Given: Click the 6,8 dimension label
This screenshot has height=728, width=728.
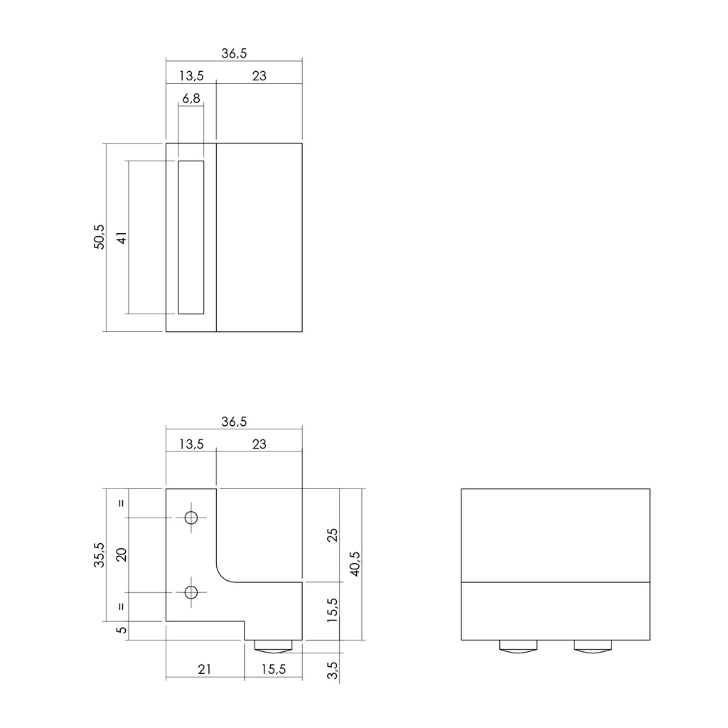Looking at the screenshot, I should [191, 100].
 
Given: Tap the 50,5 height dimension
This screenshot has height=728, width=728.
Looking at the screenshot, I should [99, 237].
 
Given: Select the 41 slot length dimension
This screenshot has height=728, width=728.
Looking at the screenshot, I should [122, 237].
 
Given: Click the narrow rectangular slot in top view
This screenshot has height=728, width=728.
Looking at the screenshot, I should [191, 237].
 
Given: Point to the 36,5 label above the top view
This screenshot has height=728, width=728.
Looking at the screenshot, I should [233, 54].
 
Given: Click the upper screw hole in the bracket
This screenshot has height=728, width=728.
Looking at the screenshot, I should [191, 518].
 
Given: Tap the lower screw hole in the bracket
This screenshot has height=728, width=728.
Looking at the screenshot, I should [191, 591].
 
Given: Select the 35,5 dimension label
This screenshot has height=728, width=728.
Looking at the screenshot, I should [99, 555].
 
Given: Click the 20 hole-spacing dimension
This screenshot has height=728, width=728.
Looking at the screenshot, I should [122, 555].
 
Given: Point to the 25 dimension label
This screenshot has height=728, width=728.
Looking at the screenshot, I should [332, 535].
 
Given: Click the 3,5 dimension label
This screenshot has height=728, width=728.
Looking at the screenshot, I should [332, 668].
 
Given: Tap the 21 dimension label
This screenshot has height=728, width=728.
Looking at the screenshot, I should [205, 669].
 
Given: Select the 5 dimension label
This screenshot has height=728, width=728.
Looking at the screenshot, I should [122, 630].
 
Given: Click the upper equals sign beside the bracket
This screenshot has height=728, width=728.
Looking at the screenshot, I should [122, 503].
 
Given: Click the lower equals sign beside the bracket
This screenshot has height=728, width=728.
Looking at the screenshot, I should [122, 606].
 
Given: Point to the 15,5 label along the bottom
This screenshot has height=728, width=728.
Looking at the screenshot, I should [273, 669].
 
